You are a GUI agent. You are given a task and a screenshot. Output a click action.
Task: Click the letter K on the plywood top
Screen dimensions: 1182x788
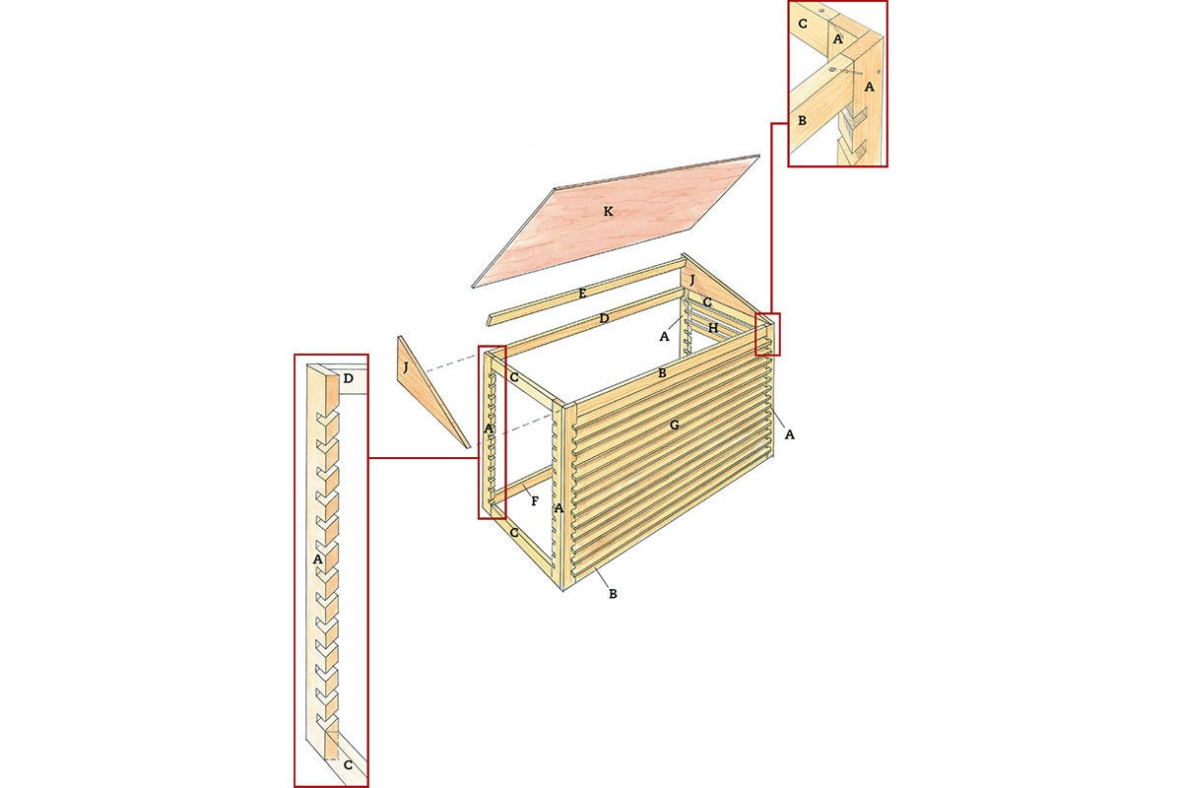(609, 212)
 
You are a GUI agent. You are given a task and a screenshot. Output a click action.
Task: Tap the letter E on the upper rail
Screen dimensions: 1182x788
(582, 294)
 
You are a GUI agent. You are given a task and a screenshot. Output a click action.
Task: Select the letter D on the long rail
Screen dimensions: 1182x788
(604, 318)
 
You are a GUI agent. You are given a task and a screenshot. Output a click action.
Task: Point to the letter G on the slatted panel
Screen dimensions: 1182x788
(674, 425)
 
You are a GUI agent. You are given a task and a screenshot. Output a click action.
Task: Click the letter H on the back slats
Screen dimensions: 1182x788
(713, 328)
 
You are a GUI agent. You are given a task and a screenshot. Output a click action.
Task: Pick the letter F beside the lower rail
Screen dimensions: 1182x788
(535, 501)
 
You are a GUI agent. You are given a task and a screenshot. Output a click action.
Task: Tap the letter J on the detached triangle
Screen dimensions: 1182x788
(406, 367)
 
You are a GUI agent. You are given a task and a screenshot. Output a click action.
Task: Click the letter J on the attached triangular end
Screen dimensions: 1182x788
(692, 280)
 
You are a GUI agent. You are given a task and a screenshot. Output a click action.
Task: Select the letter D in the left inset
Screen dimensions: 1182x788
(349, 378)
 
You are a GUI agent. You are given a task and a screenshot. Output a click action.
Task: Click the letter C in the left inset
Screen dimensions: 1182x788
(348, 764)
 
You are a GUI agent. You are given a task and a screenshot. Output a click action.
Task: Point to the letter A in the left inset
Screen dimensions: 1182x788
(317, 558)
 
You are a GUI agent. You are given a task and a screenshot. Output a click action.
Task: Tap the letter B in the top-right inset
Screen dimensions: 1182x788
(802, 120)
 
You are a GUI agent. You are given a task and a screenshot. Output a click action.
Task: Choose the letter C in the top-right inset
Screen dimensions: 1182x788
(803, 24)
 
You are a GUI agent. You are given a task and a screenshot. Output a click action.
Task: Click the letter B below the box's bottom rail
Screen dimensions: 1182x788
(613, 594)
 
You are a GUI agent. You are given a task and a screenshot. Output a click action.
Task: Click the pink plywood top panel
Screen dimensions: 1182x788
(616, 222)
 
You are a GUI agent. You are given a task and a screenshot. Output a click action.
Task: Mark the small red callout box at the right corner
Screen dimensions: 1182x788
(767, 334)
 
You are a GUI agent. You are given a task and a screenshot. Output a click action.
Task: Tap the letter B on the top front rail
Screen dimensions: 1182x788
(662, 373)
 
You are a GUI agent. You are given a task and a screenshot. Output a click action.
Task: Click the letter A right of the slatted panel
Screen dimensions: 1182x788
(789, 434)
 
